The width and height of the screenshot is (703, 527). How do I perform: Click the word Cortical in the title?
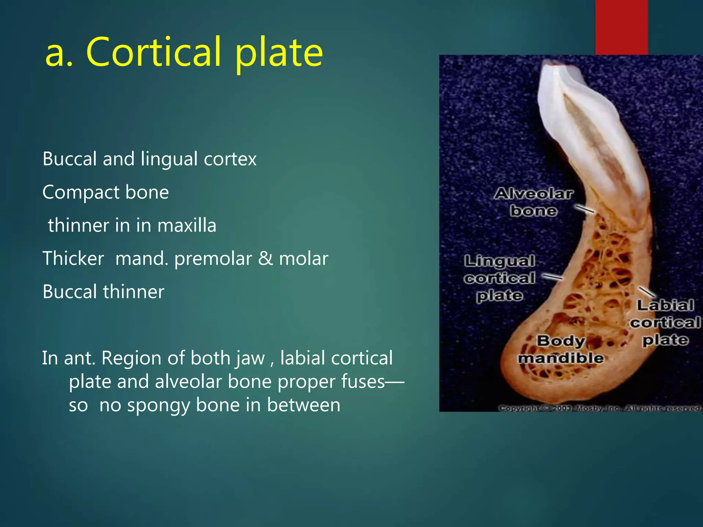(153, 52)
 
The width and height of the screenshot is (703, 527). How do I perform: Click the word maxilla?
(187, 226)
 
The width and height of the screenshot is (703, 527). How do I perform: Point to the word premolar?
(213, 259)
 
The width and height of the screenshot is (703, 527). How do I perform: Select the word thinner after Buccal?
(134, 292)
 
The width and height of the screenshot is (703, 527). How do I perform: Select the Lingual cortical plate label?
(499, 278)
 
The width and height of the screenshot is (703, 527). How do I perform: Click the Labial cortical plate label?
(665, 323)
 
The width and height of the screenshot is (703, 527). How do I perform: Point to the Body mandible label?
(561, 349)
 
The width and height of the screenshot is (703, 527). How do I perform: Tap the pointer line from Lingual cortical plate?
(552, 277)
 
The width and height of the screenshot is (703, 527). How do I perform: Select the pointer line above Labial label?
(646, 292)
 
